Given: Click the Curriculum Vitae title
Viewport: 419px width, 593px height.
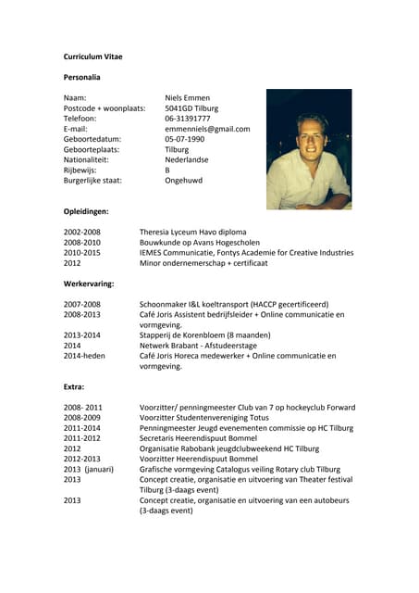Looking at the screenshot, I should [92, 57].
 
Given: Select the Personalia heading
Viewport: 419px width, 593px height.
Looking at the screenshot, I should [81, 77].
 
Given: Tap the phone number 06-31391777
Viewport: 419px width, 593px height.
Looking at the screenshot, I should [188, 119].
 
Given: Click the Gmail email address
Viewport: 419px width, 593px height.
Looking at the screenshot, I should [207, 129].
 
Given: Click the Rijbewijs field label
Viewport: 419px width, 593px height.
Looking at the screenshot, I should [80, 170].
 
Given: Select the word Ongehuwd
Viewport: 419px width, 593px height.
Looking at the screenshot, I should [183, 181].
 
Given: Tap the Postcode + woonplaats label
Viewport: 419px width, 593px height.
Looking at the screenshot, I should [105, 108].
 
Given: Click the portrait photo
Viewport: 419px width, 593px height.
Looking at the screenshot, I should [309, 148].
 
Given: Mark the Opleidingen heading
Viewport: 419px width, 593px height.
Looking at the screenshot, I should [86, 212].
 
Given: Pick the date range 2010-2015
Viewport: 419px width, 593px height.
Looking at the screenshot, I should [82, 252].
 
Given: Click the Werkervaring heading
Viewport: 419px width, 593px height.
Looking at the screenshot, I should [89, 284].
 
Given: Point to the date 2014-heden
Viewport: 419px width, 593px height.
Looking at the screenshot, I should [84, 356].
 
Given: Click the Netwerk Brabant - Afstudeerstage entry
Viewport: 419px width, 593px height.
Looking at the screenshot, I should [198, 346].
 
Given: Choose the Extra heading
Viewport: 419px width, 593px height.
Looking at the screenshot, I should [74, 386].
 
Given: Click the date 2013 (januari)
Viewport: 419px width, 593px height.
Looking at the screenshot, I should [87, 469].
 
